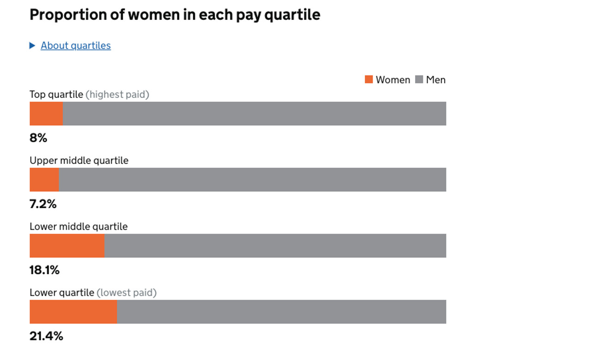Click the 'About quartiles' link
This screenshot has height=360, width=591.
[76, 46]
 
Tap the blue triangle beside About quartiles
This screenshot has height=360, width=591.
[32, 45]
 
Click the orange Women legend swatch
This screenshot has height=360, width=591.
[368, 79]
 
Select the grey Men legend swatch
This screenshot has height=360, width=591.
[419, 79]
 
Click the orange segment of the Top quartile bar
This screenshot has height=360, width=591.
[46, 114]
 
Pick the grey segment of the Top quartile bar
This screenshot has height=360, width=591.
[254, 114]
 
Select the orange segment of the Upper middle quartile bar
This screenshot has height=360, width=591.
[44, 180]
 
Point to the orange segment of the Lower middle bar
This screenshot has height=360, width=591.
[67, 246]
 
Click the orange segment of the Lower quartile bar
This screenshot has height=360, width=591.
[73, 312]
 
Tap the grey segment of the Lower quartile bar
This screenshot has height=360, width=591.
[282, 312]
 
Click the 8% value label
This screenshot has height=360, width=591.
[38, 138]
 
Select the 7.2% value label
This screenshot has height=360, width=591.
[43, 204]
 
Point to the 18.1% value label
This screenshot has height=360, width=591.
[44, 270]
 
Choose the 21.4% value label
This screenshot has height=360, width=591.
[46, 336]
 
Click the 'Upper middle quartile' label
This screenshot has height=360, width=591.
[79, 161]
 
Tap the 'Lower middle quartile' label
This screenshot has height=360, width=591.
[78, 227]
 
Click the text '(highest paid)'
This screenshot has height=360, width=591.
[117, 95]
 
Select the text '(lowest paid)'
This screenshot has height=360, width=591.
[127, 293]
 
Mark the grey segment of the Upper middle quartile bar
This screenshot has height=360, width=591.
[252, 180]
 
